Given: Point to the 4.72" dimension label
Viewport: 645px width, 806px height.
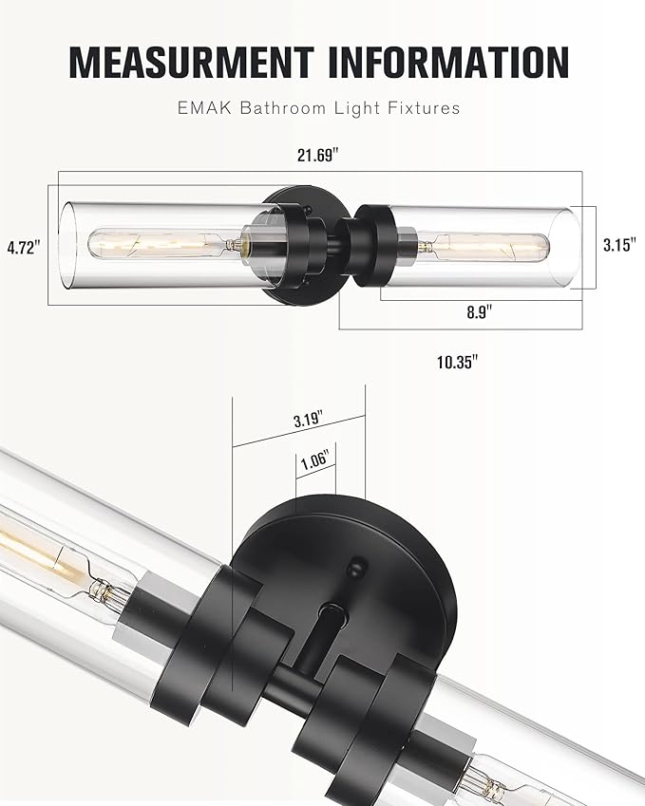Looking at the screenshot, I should [22, 248].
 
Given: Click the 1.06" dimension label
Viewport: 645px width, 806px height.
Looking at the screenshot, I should [313, 462].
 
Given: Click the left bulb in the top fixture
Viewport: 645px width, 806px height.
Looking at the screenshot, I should [161, 245].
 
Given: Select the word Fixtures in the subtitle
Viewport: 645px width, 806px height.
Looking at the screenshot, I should [423, 108].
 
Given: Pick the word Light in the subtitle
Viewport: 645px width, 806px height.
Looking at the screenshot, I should [358, 108].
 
